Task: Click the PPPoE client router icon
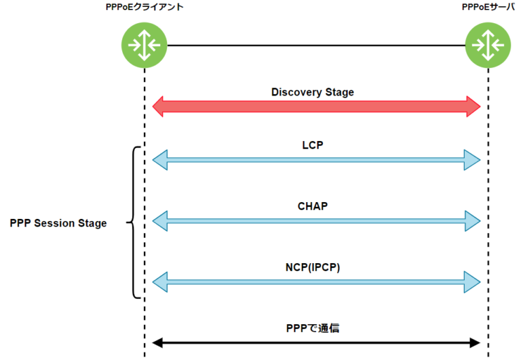pyautogui.click(x=144, y=45)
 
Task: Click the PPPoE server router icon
pyautogui.click(x=487, y=45)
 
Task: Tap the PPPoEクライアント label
pyautogui.click(x=144, y=7)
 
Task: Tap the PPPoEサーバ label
pyautogui.click(x=486, y=7)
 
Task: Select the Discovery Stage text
pyautogui.click(x=312, y=92)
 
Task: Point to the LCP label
pyautogui.click(x=312, y=145)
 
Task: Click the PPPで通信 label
pyautogui.click(x=313, y=328)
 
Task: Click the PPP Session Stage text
pyautogui.click(x=58, y=223)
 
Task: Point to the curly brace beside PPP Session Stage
pyautogui.click(x=134, y=222)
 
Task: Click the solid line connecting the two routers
pyautogui.click(x=316, y=45)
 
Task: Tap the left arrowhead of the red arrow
pyautogui.click(x=159, y=106)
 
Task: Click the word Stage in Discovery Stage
pyautogui.click(x=339, y=92)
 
